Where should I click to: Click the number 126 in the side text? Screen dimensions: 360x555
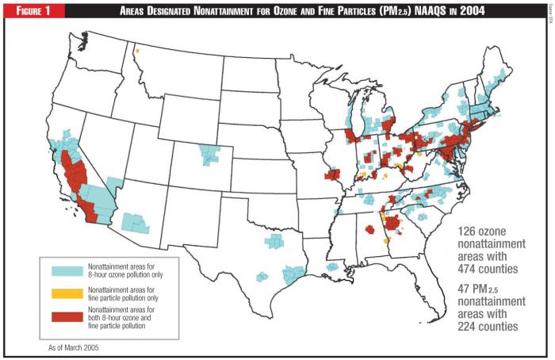(471, 232)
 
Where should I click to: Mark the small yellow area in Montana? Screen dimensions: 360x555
(137, 52)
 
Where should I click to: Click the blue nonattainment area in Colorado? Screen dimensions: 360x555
(210, 154)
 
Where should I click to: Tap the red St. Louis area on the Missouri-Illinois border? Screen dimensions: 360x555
(331, 174)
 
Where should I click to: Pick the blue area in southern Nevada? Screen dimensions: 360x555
(114, 183)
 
